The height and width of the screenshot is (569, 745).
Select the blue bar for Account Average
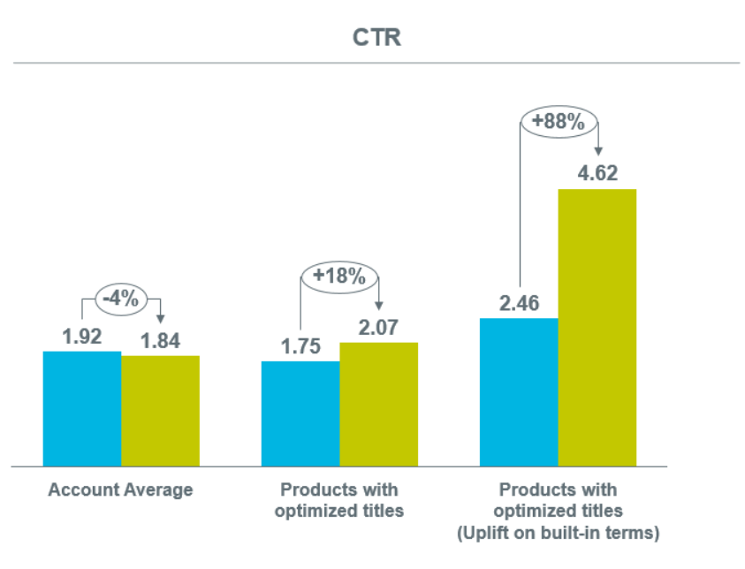point(82,408)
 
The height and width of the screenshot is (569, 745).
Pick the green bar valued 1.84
point(160,411)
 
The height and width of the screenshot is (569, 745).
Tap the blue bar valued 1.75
point(300,413)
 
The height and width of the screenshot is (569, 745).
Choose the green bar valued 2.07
point(378,404)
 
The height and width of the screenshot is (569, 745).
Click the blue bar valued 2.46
point(519,391)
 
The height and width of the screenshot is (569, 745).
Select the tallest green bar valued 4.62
point(597,327)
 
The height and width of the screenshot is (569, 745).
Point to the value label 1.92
point(82,337)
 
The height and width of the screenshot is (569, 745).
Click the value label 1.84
point(160,341)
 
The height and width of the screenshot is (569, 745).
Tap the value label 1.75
point(300,346)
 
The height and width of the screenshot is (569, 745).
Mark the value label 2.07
point(378,328)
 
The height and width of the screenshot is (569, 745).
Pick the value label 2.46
point(519,304)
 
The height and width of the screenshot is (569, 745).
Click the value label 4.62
point(597,173)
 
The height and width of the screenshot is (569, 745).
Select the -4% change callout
point(120,299)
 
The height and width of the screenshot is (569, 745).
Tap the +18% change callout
point(338,277)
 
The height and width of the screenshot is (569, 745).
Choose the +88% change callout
point(558,122)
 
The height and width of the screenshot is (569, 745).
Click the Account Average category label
point(120,489)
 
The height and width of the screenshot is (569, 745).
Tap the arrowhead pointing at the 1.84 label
point(160,317)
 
